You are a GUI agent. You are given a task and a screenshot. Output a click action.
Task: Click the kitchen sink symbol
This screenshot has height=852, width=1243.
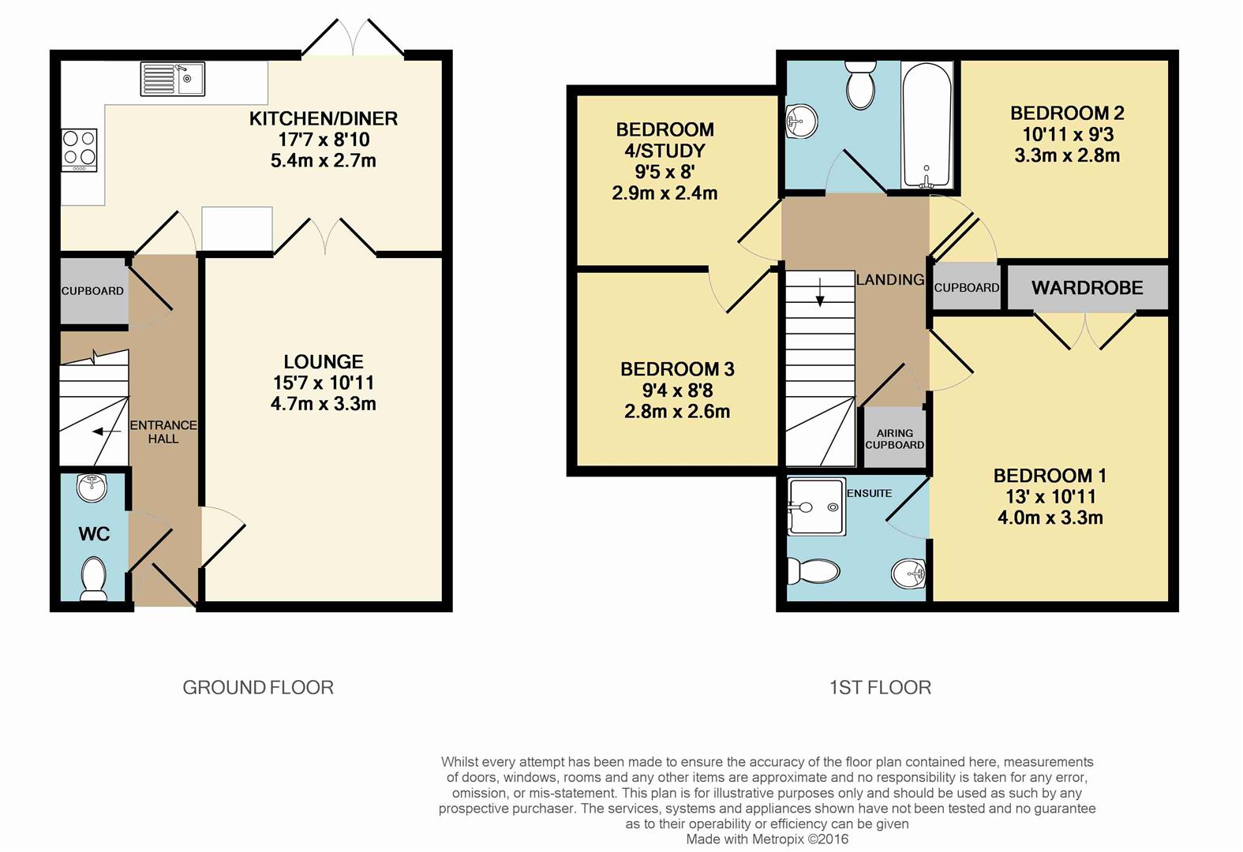[172, 79]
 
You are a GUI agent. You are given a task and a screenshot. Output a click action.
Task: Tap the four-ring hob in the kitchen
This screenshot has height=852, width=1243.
[80, 150]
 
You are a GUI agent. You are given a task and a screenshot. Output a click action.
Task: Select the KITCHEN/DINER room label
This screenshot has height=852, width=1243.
[324, 119]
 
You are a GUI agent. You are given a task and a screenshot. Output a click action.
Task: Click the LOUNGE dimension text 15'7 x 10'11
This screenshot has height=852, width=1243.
[324, 383]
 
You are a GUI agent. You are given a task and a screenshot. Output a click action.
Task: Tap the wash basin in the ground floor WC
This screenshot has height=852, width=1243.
[92, 488]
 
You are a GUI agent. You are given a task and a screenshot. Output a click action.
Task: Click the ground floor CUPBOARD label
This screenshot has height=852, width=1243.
[92, 290]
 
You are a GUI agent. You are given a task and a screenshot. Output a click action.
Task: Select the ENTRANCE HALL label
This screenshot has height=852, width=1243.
[163, 432]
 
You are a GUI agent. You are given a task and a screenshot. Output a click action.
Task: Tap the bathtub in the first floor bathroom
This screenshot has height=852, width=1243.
[927, 126]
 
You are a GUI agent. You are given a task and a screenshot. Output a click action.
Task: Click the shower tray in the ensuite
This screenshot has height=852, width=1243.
[816, 507]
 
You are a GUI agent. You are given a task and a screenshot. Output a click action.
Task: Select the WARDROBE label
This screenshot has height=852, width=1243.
[1087, 288]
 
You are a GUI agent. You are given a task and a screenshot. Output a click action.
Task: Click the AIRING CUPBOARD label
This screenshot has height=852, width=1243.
[894, 439]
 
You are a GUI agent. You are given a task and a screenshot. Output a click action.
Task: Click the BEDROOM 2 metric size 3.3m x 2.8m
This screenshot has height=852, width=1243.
[1067, 155]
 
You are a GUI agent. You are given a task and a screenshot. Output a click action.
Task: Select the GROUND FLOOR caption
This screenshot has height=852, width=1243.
[258, 688]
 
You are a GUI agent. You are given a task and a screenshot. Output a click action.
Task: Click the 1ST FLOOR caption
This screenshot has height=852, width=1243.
[880, 688]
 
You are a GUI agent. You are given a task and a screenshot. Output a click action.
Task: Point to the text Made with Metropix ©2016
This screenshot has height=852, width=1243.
[767, 839]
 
